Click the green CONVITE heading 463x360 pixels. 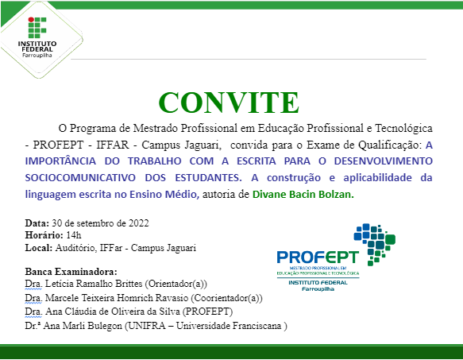click(229, 103)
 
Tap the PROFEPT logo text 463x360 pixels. click(318, 257)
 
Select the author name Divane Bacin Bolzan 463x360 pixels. click(304, 193)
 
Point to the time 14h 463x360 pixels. click(74, 234)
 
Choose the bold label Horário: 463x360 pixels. click(44, 234)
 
